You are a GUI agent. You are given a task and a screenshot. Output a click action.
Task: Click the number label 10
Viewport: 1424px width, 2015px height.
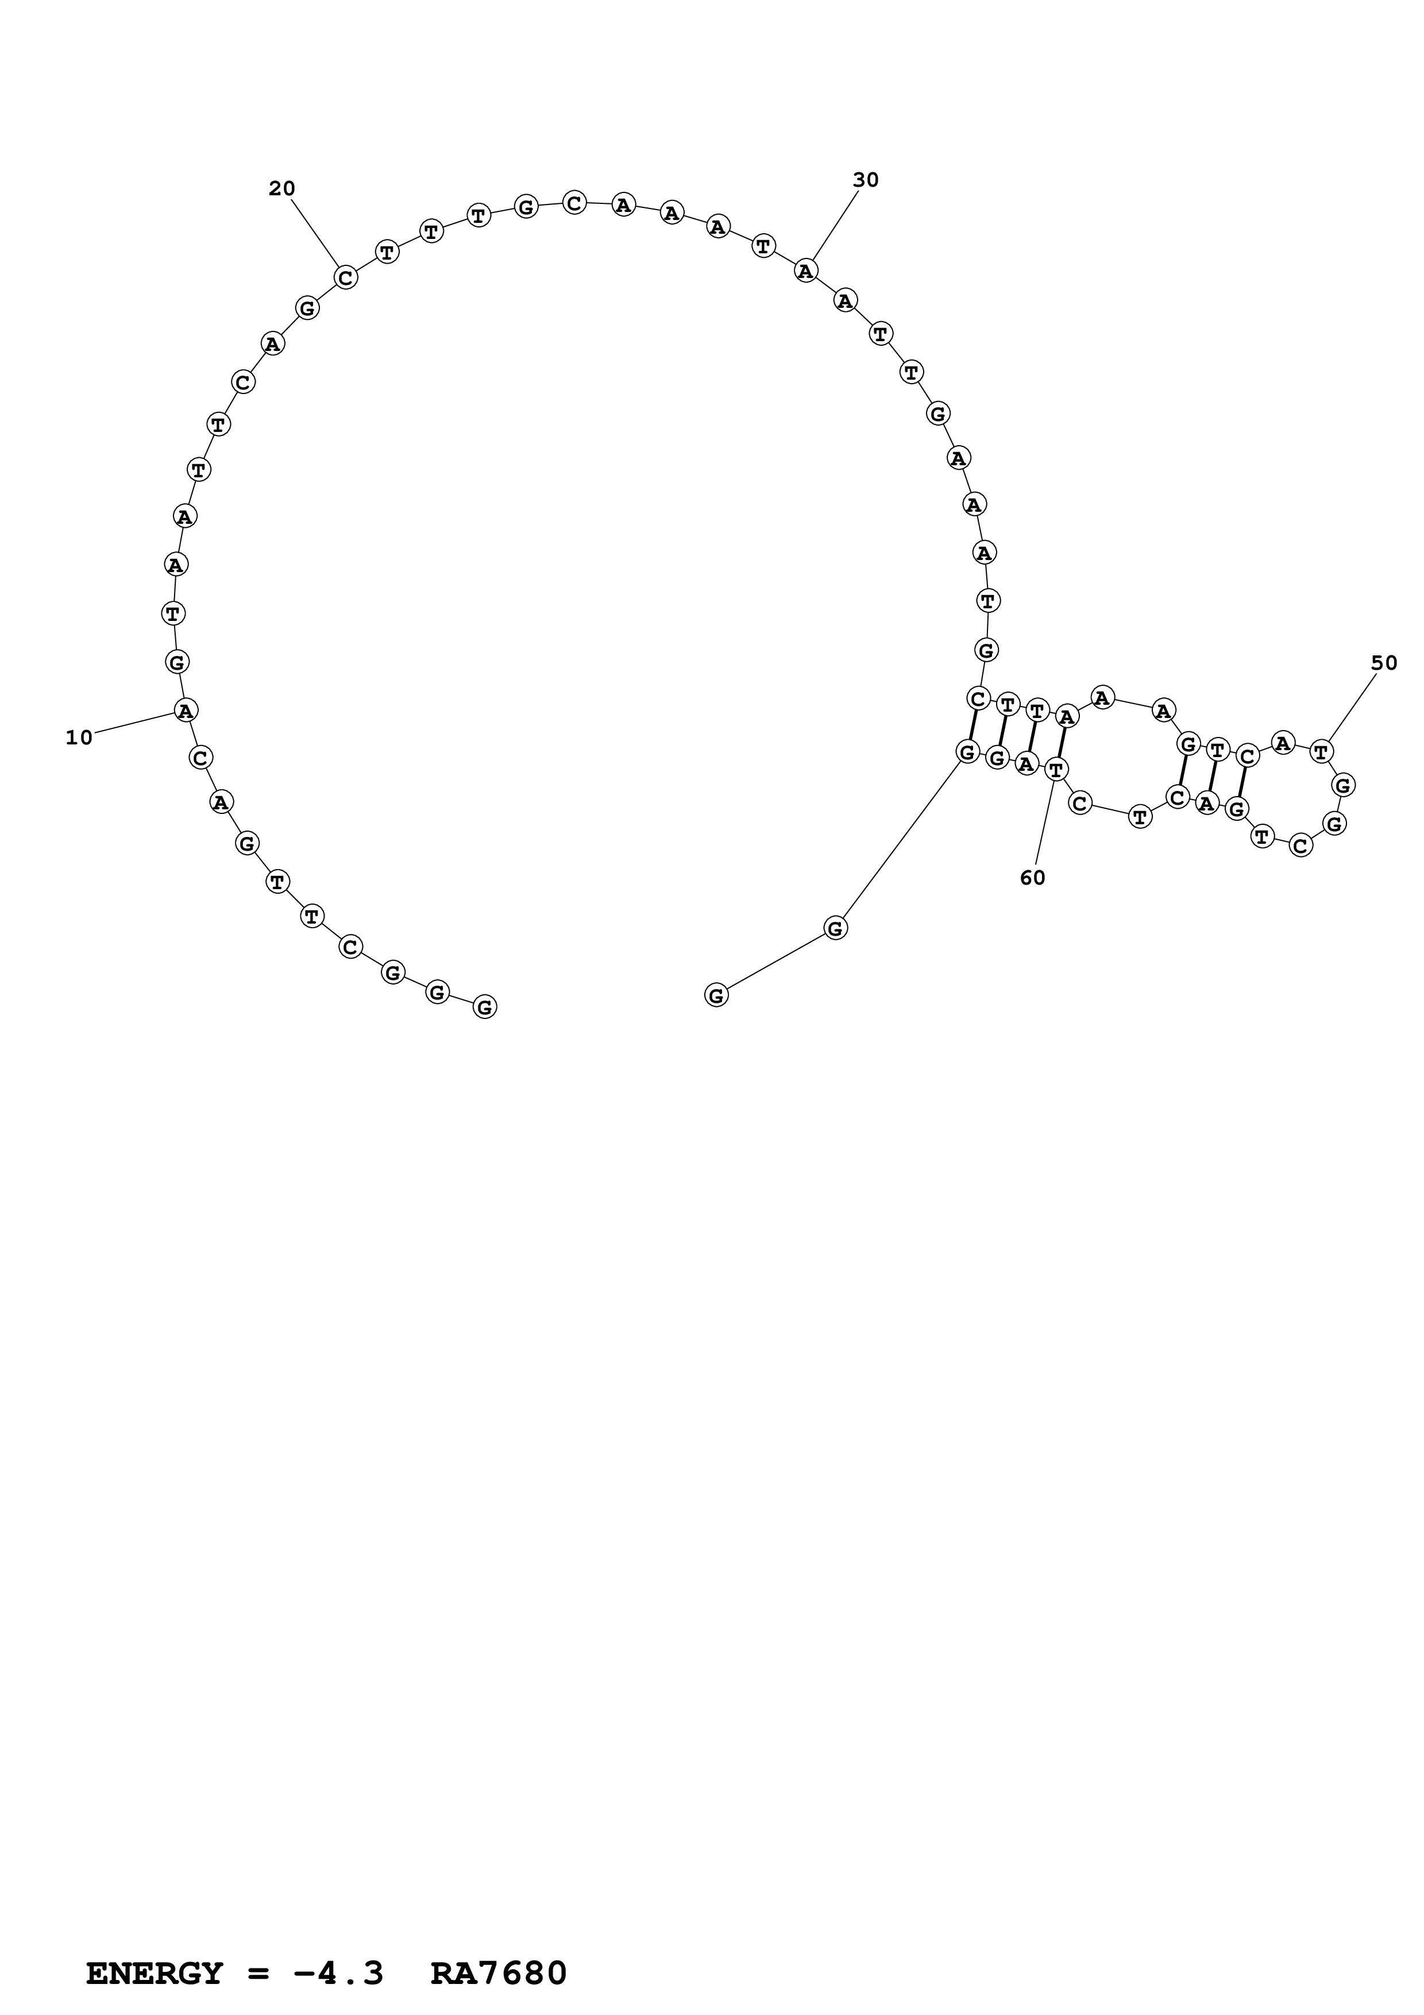(79, 738)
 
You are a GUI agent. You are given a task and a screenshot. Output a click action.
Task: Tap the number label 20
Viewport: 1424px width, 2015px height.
(281, 188)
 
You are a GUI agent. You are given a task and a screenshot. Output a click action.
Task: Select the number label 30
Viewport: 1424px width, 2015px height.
(865, 180)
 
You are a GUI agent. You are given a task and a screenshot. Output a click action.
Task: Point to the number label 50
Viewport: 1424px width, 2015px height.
(1384, 663)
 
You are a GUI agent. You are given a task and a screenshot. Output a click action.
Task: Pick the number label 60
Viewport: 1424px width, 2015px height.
(1032, 878)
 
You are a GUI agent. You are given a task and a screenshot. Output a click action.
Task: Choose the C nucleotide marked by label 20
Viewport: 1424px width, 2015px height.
(346, 277)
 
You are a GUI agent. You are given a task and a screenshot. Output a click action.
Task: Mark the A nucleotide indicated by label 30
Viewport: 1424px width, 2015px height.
(805, 271)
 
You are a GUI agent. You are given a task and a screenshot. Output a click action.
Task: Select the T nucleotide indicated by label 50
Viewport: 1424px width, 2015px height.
(1321, 751)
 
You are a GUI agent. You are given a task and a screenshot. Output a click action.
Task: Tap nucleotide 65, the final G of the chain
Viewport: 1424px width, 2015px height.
(716, 995)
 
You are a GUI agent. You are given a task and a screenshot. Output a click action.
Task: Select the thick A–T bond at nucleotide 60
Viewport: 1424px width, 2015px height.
(1062, 743)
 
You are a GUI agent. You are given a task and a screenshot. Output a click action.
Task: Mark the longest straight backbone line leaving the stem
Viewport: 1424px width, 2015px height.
(902, 840)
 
